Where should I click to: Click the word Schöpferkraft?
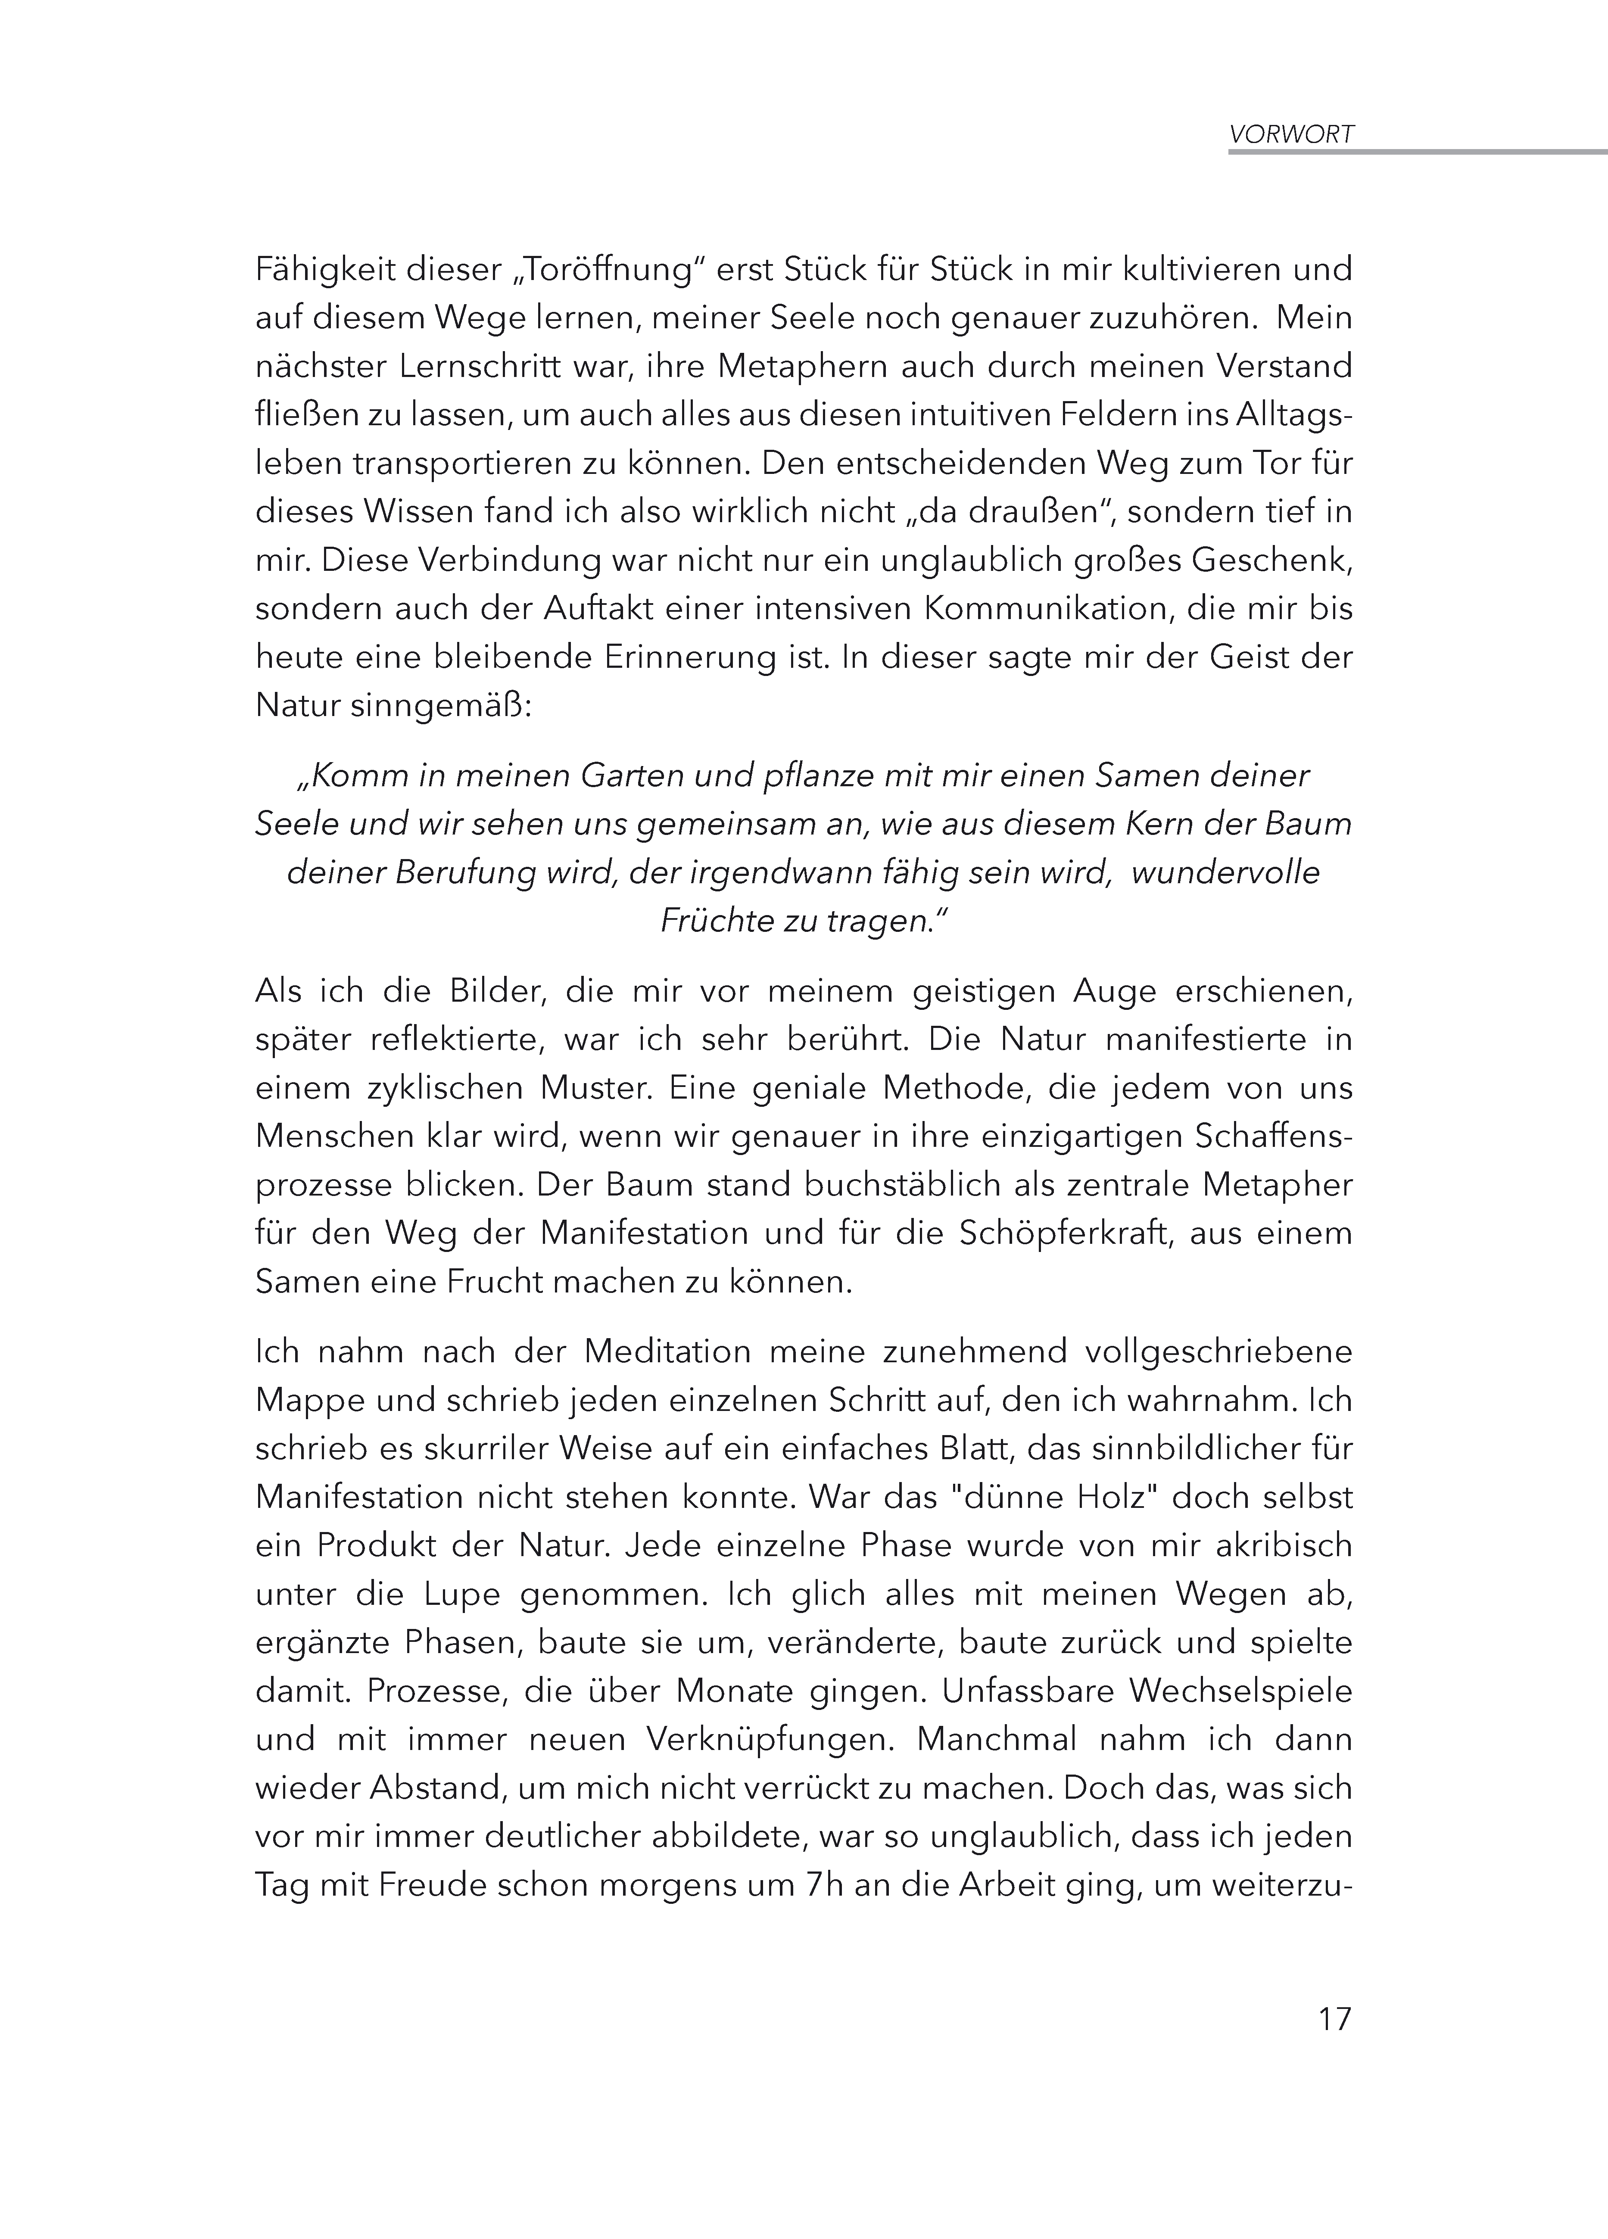pyautogui.click(x=1065, y=1233)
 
